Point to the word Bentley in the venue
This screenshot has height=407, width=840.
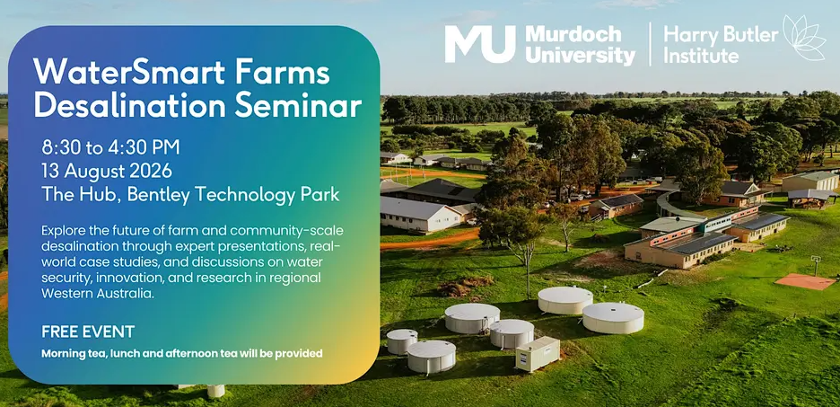160,195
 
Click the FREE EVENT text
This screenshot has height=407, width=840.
88,332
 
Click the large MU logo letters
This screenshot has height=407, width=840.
480,45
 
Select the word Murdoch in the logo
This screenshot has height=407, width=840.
573,35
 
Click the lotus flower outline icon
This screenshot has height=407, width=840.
805,38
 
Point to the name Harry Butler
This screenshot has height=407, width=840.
721,35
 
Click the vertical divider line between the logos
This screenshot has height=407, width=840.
650,44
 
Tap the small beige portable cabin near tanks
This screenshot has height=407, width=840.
538,354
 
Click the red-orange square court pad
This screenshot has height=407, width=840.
805,281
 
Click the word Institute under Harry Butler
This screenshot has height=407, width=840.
701,55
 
